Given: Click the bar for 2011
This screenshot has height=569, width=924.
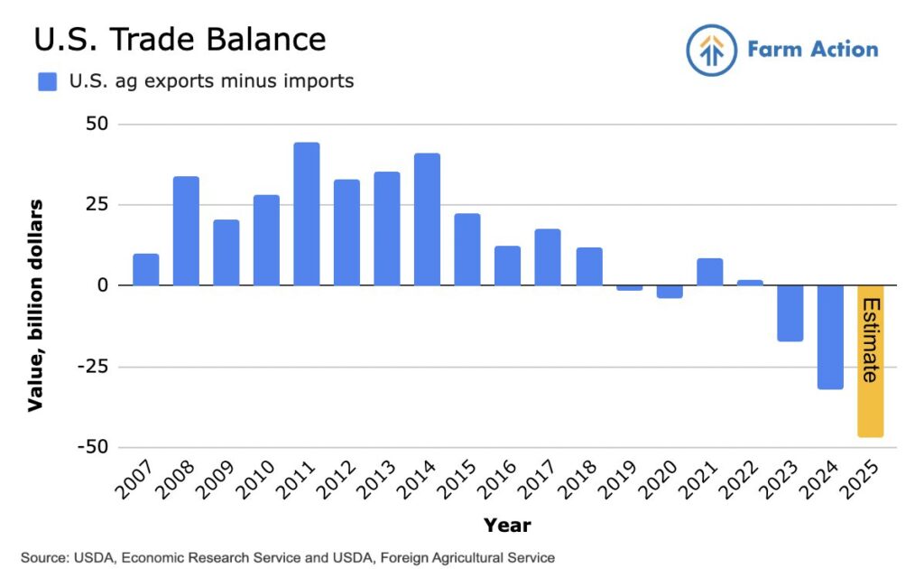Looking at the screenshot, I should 306,214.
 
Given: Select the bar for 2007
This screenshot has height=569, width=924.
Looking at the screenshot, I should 145,270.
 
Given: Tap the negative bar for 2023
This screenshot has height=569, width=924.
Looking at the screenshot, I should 790,312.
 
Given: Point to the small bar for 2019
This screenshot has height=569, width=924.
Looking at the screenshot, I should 630,287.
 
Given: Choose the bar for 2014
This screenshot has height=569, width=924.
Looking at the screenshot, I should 427,219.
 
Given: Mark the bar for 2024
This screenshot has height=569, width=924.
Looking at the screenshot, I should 830,337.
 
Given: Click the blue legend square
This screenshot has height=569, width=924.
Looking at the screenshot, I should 47,82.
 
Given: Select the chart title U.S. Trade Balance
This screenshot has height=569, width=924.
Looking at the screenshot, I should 180,40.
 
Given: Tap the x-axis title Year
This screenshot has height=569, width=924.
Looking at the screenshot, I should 506,525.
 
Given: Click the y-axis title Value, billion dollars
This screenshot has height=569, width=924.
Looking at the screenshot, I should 35,305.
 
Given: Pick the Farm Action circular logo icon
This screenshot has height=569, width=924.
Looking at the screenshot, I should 712,50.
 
